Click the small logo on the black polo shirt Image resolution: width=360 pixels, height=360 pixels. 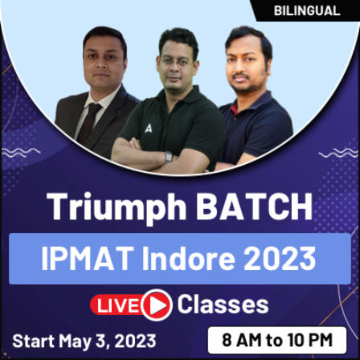(149, 127)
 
